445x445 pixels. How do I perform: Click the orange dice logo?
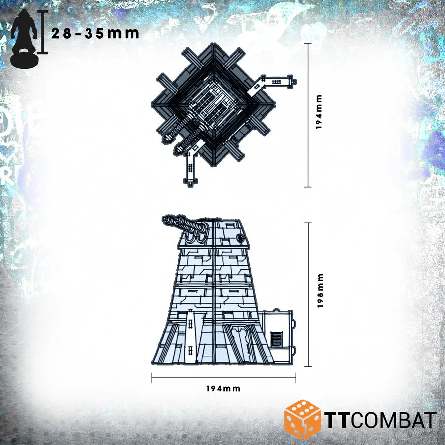click(302, 419)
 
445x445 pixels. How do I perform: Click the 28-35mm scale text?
click(95, 33)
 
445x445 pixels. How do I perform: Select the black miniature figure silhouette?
click(24, 38)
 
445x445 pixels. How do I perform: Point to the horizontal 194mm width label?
click(223, 389)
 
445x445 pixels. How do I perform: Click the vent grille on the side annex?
click(277, 340)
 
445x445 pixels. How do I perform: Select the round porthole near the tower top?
click(242, 239)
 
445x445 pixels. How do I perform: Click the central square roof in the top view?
click(214, 105)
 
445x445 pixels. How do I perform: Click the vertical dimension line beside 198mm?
click(309, 294)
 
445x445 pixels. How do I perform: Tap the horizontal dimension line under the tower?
click(223, 379)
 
